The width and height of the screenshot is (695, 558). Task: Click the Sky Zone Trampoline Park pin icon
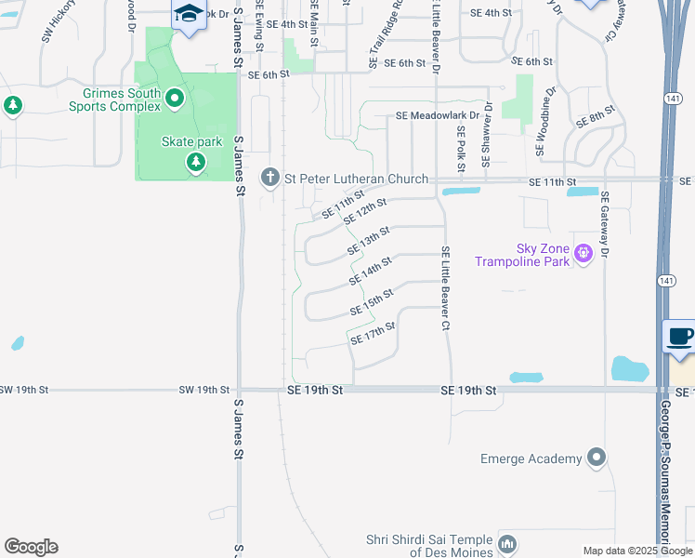click(x=584, y=253)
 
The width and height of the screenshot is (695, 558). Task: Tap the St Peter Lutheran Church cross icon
click(x=270, y=178)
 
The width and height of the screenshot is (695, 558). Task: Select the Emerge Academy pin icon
click(x=597, y=458)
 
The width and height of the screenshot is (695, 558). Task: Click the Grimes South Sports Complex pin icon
click(x=174, y=99)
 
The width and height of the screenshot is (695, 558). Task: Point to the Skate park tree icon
click(x=195, y=164)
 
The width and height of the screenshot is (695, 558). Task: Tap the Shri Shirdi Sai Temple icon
click(x=507, y=543)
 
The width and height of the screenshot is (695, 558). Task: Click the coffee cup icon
click(x=680, y=337)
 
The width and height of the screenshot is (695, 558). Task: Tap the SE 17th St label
click(x=374, y=333)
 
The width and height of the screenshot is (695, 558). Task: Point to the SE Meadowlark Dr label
click(x=437, y=116)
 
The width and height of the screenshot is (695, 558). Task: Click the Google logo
click(x=30, y=547)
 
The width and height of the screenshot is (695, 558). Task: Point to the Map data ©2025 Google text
click(x=636, y=551)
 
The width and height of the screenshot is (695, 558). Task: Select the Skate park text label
click(x=192, y=141)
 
